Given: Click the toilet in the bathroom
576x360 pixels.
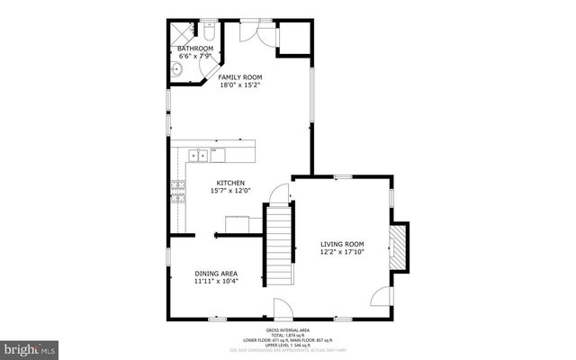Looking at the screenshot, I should (x=208, y=34).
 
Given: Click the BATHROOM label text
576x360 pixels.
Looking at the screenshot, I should (x=194, y=48).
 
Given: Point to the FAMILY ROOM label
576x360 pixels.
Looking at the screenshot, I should (x=240, y=78).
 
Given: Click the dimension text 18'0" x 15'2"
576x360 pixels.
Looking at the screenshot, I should (x=240, y=87).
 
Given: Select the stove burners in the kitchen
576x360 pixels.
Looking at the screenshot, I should (x=178, y=189).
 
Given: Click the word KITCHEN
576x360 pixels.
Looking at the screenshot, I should (x=229, y=183).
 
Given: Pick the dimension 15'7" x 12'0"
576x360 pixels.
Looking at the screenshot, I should (x=229, y=191).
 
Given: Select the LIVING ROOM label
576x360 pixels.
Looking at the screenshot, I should (x=343, y=244).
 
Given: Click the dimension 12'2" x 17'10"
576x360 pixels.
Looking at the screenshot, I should (x=343, y=253).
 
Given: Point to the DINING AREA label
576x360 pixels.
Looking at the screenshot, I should (x=217, y=273).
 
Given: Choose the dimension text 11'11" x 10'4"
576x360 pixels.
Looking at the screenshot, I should (x=217, y=282).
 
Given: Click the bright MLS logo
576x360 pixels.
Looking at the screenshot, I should (x=30, y=347).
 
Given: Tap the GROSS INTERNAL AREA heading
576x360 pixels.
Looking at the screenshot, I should (x=288, y=330).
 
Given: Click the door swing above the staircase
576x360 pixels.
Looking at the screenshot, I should (x=282, y=193).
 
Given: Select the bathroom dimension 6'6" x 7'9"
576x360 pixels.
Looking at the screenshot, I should (x=194, y=56).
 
